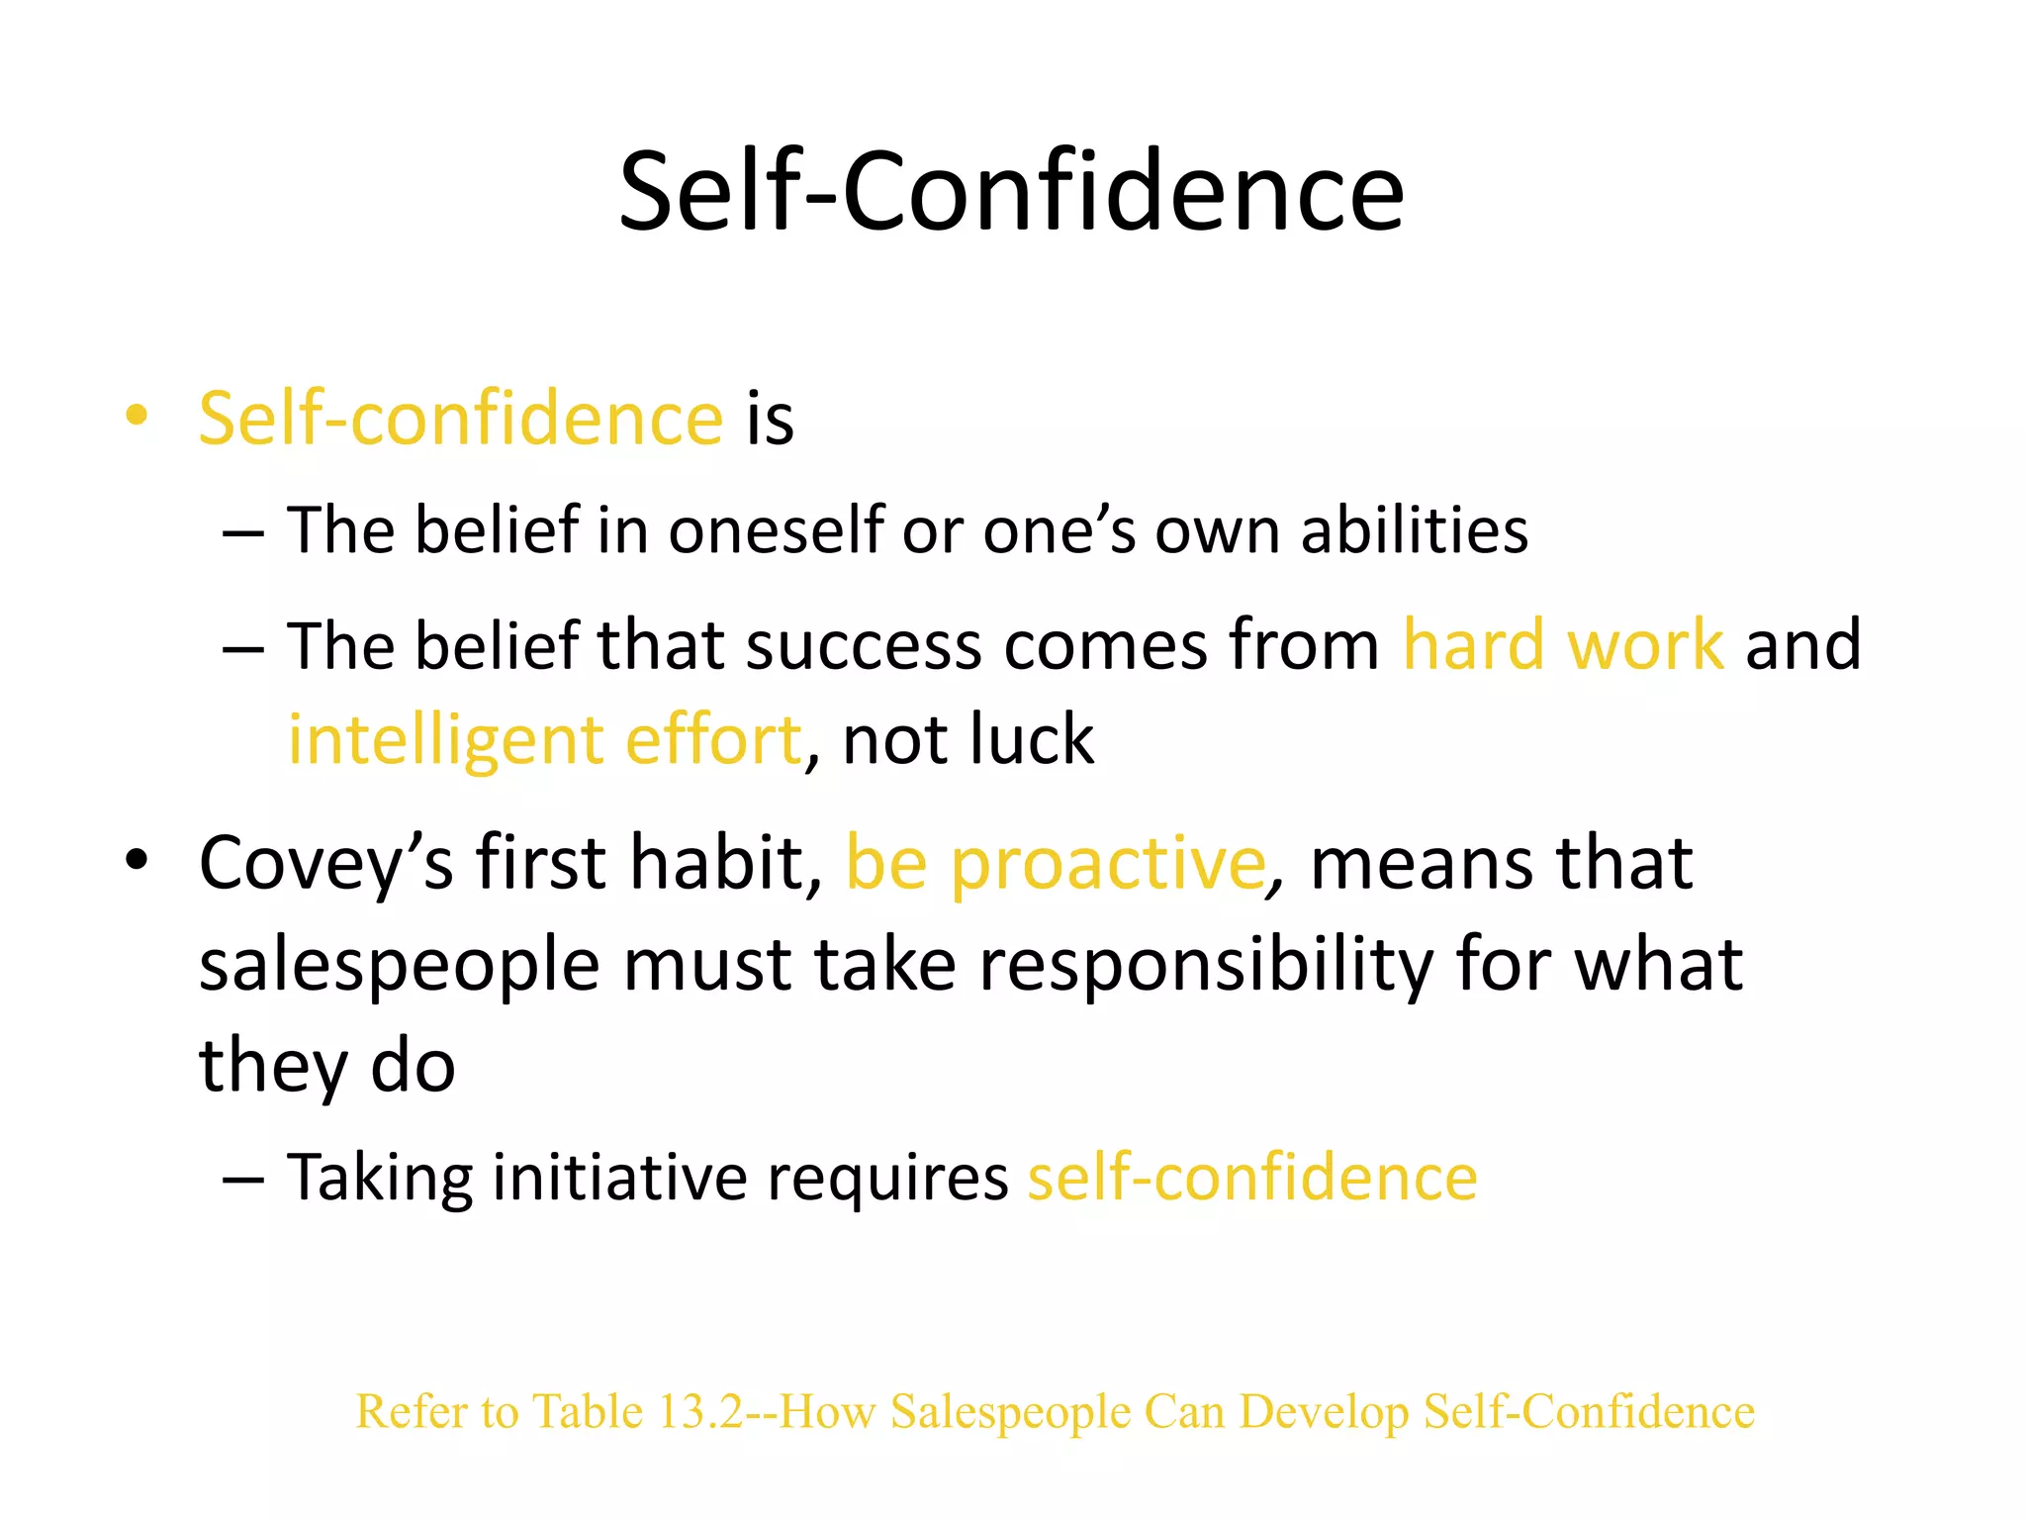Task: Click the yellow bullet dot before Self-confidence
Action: pyautogui.click(x=137, y=416)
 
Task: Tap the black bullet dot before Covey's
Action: pyautogui.click(x=137, y=860)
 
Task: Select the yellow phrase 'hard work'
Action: pyautogui.click(x=1563, y=645)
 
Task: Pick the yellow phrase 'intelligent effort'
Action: pyautogui.click(x=544, y=740)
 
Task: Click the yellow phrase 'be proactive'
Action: pyautogui.click(x=1056, y=863)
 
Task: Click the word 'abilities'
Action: pyautogui.click(x=1414, y=530)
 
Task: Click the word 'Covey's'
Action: pyautogui.click(x=325, y=863)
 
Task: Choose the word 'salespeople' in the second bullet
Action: pyautogui.click(x=400, y=965)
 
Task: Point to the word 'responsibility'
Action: pyautogui.click(x=1206, y=965)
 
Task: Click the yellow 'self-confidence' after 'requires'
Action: pyautogui.click(x=1252, y=1178)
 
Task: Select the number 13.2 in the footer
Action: pyautogui.click(x=700, y=1411)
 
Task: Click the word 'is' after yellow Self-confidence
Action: pyautogui.click(x=770, y=418)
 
